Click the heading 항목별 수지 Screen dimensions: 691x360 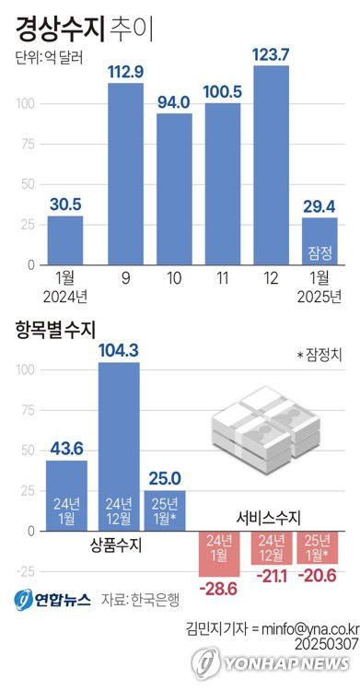[55, 326]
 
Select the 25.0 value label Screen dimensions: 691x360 [166, 477]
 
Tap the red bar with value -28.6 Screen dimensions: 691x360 [220, 554]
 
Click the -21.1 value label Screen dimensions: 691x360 [272, 575]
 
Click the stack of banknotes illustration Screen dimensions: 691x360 [267, 428]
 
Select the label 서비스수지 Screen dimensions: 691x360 [270, 518]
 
